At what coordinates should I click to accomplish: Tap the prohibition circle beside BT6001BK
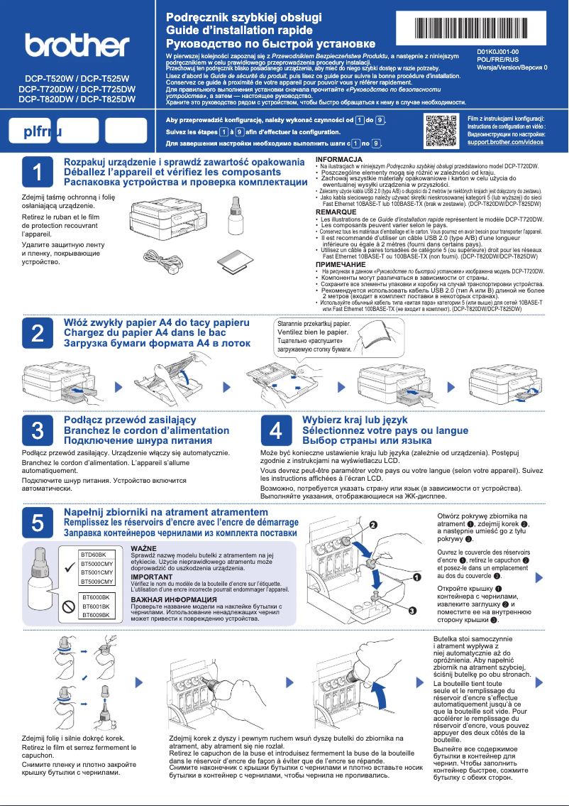click(x=68, y=606)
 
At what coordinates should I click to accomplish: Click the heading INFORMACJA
click(x=339, y=158)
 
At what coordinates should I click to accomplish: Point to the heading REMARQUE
click(x=336, y=212)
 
